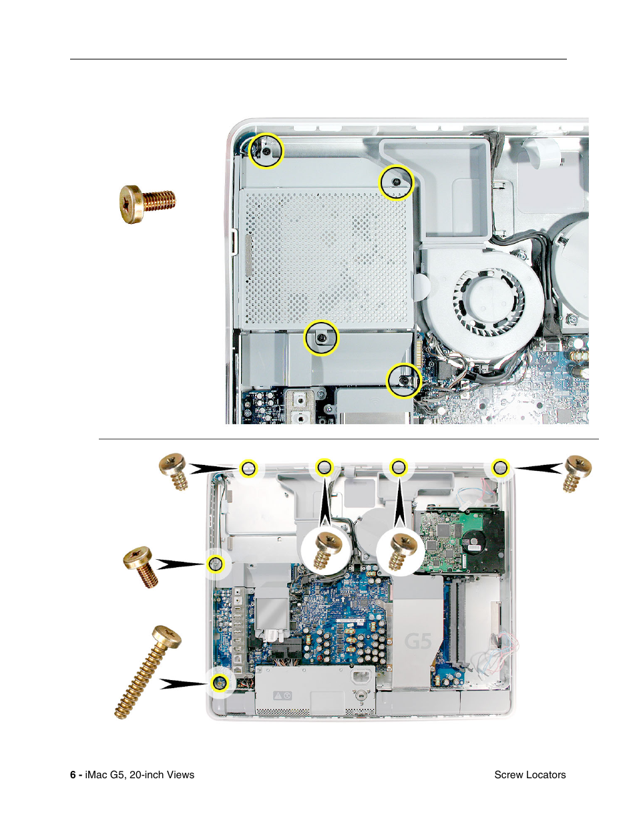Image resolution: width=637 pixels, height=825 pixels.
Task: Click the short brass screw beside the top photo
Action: (x=148, y=203)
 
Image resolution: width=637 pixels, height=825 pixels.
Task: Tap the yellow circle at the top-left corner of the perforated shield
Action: (x=266, y=150)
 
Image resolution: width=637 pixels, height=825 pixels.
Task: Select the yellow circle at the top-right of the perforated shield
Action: (x=396, y=182)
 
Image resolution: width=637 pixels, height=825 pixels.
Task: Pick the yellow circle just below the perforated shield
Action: (x=321, y=338)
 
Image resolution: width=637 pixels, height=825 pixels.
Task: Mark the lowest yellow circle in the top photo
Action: (x=404, y=380)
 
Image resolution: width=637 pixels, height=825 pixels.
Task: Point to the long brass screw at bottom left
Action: (x=148, y=671)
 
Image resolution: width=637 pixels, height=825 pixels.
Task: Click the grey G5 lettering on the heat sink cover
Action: (x=419, y=642)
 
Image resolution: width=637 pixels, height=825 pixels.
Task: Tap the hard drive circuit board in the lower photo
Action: (x=454, y=538)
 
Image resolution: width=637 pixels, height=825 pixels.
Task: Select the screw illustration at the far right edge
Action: (x=576, y=472)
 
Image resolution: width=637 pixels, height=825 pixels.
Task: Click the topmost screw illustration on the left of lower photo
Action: (x=174, y=470)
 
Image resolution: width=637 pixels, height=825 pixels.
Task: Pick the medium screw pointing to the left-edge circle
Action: (x=141, y=566)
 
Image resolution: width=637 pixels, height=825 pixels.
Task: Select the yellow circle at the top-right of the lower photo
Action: (x=500, y=468)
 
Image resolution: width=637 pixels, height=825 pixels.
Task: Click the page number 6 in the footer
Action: (x=73, y=775)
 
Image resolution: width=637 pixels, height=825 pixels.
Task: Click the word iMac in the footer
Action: (x=96, y=775)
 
